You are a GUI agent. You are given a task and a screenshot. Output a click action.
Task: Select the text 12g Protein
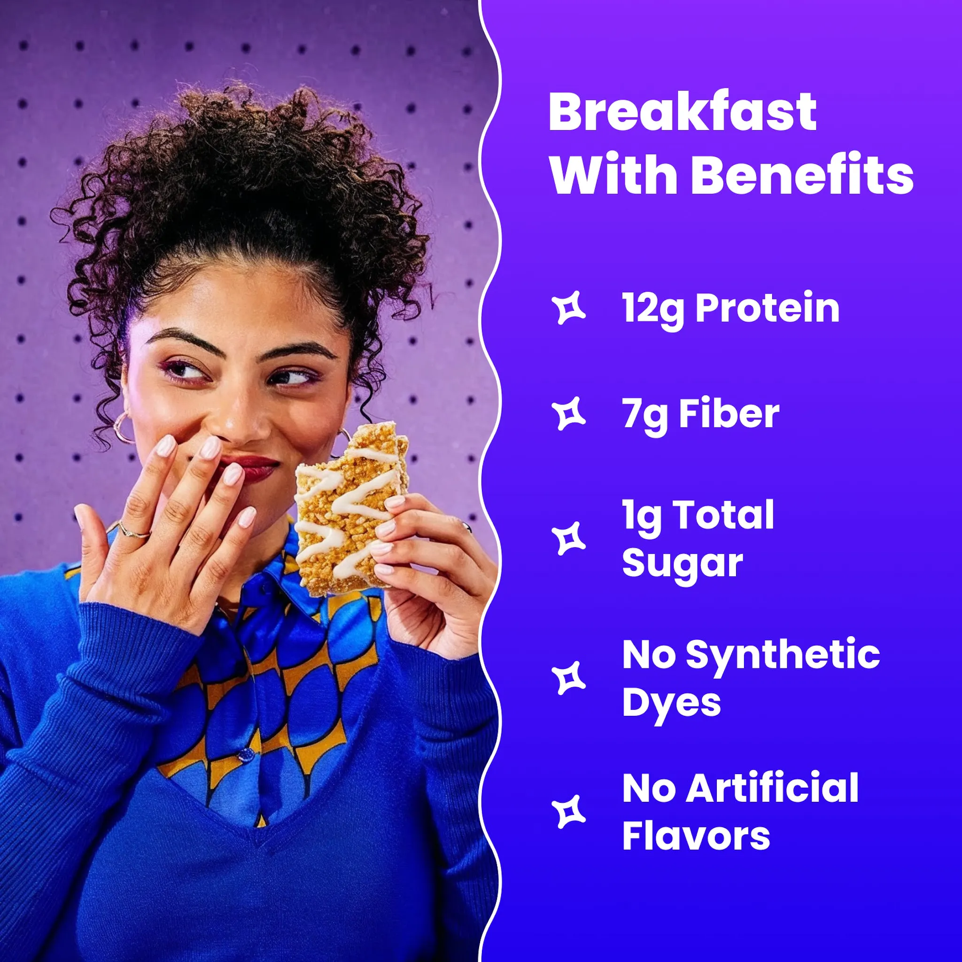click(730, 308)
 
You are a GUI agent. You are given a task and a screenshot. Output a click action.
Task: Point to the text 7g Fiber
click(700, 414)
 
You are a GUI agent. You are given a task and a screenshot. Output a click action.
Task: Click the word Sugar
click(682, 564)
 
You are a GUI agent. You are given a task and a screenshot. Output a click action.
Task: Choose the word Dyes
click(671, 703)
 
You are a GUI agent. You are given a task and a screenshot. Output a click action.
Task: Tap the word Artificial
click(772, 788)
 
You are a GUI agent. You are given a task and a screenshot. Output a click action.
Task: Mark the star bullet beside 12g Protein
click(569, 308)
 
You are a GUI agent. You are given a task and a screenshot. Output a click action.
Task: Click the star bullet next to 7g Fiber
click(569, 414)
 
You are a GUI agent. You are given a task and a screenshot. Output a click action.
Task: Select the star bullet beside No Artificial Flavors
click(569, 812)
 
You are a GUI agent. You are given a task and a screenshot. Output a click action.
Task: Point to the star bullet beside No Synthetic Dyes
click(569, 678)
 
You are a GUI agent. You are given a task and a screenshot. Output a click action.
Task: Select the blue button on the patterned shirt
click(246, 756)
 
